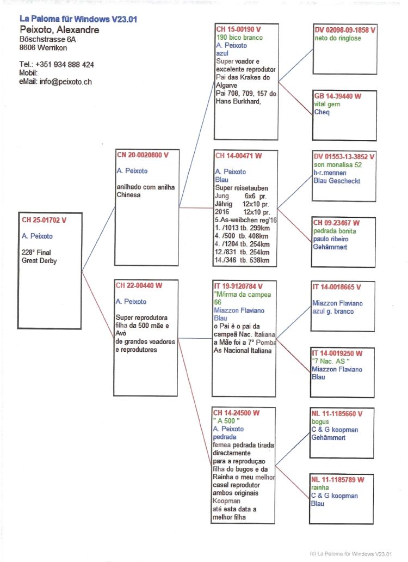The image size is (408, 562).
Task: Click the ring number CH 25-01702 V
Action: pos(44,221)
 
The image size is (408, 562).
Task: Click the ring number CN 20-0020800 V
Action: pos(143,155)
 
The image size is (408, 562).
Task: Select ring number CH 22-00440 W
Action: pos(139,285)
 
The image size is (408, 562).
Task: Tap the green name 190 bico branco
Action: pos(239,38)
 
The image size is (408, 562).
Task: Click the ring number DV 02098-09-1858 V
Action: pos(345,30)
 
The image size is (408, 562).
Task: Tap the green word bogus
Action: pos(320,421)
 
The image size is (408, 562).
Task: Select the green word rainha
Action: pos(320,488)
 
